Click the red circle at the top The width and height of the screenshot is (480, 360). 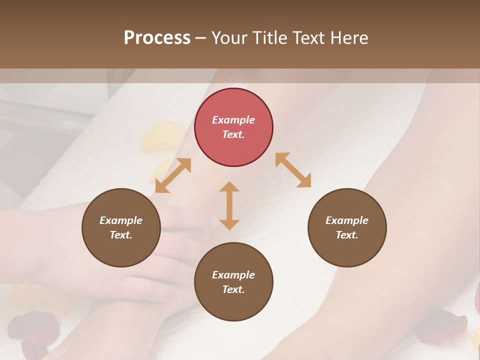coord(233,127)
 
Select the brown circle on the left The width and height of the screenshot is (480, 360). coord(121,227)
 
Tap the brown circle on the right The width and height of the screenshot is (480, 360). coord(347,227)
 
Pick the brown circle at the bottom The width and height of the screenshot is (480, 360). coord(233,282)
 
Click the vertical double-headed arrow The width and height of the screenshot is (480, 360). coord(229,205)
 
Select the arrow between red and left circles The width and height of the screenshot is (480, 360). coord(173,175)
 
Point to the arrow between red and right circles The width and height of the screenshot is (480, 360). coord(293,170)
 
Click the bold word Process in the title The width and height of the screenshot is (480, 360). coord(157,38)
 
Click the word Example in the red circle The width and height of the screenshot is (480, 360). coord(233,120)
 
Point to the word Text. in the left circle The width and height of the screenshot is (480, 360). coord(121,235)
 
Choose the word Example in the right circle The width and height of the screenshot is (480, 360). coord(347,220)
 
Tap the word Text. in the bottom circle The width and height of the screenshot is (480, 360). coord(233,289)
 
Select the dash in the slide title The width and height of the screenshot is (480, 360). coord(200,38)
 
